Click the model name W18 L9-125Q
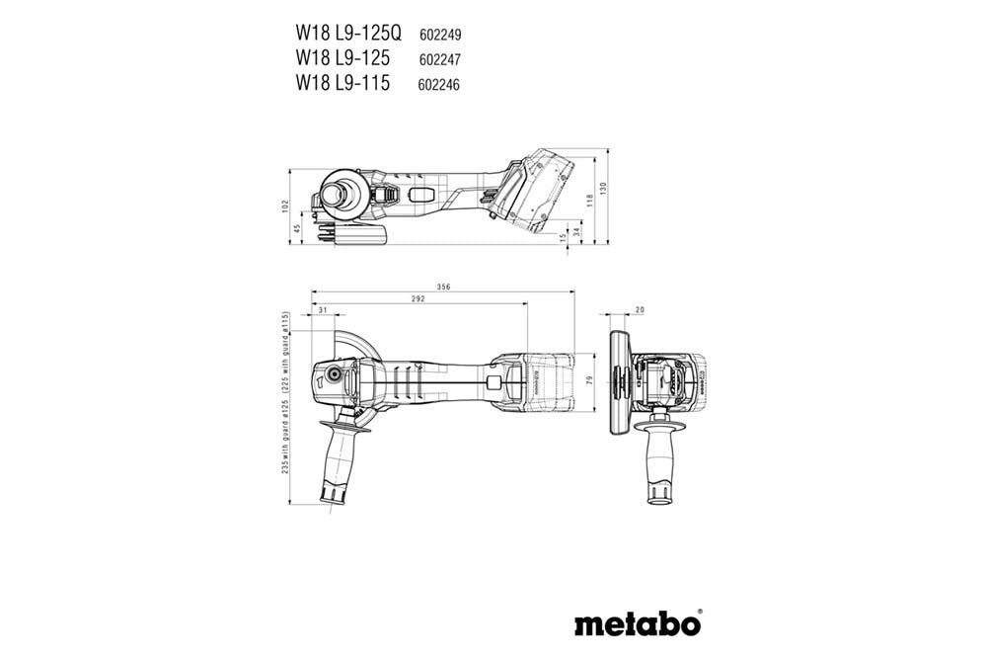(x=352, y=32)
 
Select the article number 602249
(x=441, y=34)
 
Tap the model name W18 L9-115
(x=342, y=83)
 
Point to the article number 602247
(x=441, y=59)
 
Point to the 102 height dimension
(x=284, y=206)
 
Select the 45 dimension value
(x=296, y=229)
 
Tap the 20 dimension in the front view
(x=639, y=311)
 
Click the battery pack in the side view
(x=536, y=192)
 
